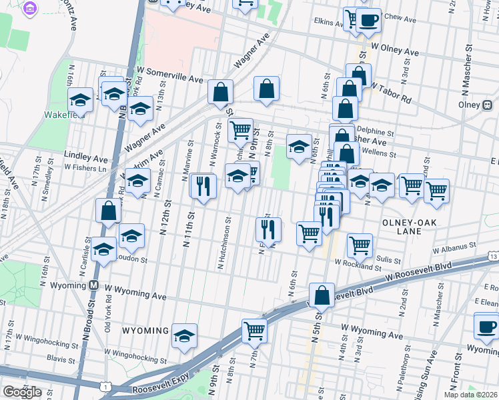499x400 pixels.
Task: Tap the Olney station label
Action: (470, 105)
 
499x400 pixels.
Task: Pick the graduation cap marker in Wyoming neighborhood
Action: (184, 336)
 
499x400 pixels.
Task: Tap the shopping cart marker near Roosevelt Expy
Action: (254, 329)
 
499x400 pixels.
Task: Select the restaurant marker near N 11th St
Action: (203, 185)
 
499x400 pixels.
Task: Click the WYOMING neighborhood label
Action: (145, 331)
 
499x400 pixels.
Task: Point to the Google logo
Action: (22, 392)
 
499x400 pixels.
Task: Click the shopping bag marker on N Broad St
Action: (109, 211)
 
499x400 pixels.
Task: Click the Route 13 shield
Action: (492, 256)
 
